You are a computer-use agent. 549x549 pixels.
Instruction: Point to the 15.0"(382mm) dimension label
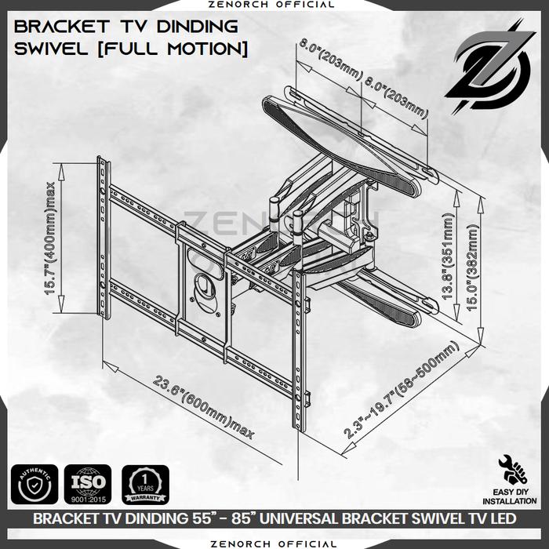[x=473, y=269]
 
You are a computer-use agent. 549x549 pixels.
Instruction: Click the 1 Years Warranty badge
[x=145, y=485]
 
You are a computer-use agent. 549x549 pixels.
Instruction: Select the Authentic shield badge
[x=35, y=485]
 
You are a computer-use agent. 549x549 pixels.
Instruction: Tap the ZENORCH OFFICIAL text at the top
[x=274, y=5]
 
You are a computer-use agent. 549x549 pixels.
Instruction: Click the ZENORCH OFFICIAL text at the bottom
[x=274, y=543]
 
